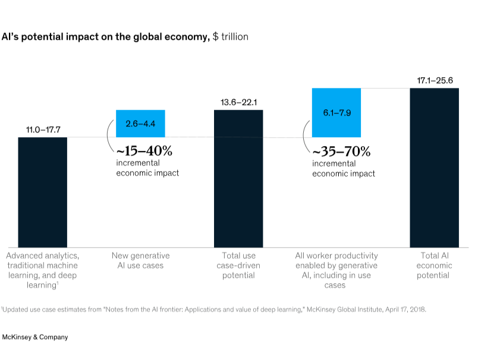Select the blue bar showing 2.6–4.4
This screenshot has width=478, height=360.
click(x=140, y=124)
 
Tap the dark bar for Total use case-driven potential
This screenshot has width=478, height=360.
click(x=238, y=178)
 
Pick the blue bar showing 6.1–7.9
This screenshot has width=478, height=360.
click(x=337, y=112)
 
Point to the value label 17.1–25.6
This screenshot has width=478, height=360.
click(x=434, y=80)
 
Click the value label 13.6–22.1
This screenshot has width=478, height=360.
click(x=238, y=102)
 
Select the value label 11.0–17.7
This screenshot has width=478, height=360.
click(x=42, y=130)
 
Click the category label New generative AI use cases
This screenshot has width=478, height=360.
click(x=140, y=260)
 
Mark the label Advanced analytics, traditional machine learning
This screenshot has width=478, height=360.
click(x=42, y=266)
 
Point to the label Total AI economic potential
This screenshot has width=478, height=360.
click(x=434, y=266)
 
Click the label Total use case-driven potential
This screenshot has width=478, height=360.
click(x=238, y=266)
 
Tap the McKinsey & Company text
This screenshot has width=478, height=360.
click(x=34, y=337)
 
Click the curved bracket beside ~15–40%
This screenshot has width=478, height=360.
click(x=109, y=138)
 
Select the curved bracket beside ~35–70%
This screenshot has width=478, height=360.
click(x=306, y=138)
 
